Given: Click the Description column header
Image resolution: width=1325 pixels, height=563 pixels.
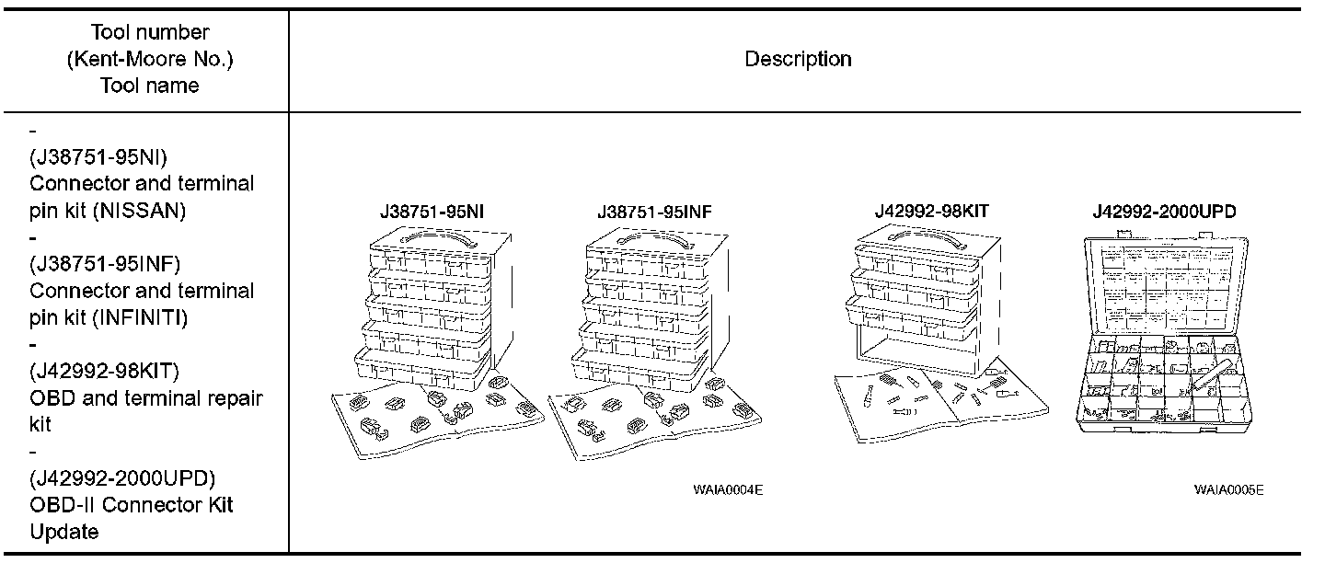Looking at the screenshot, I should click(x=797, y=60).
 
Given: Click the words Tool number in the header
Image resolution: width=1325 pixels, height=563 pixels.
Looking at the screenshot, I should click(x=150, y=33).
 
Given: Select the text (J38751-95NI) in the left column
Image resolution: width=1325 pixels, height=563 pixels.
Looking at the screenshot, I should click(x=98, y=156).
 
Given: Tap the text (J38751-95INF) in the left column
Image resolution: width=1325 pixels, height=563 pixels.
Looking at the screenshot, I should click(x=104, y=264).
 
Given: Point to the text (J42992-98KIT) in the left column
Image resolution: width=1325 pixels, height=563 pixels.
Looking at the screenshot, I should click(x=104, y=372).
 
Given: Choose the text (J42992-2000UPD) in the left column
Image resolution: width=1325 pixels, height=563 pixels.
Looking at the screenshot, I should click(x=122, y=479).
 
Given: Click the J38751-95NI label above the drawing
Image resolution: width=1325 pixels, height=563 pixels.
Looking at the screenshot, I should click(x=432, y=213).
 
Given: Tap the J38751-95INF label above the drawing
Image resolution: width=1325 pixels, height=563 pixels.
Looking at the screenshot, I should click(x=653, y=213).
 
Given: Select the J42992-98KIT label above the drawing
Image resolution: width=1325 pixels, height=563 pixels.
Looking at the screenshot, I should click(x=931, y=212).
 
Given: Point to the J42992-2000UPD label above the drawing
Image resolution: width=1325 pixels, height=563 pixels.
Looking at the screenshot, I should click(x=1164, y=212).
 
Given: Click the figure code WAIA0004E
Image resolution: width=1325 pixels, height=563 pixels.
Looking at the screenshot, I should click(x=728, y=489).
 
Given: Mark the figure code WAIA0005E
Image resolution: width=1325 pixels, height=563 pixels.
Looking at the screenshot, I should click(x=1228, y=489).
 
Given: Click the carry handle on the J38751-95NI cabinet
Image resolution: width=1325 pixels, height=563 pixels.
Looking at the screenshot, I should click(x=433, y=239).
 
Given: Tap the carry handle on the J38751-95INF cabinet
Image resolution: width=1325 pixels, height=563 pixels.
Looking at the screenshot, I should click(x=651, y=239).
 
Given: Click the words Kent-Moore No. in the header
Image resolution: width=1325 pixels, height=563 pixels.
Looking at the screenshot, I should click(x=150, y=60).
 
